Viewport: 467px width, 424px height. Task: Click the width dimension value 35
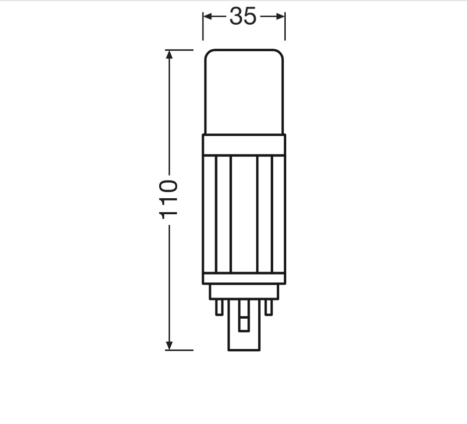243,17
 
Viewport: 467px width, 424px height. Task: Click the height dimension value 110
169,200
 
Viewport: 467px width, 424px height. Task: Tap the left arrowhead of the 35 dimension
207,17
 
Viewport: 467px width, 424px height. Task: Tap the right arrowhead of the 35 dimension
281,17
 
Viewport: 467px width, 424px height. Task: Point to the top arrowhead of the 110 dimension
169,55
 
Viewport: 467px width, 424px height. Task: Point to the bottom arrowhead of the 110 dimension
169,345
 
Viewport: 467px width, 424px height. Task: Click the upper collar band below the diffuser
244,145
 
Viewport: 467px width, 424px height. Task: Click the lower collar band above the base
244,278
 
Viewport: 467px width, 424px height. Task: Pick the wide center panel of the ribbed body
244,214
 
